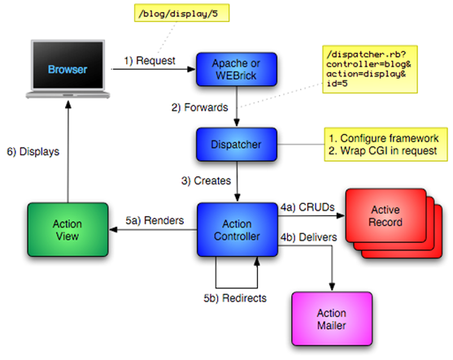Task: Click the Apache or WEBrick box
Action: [x=237, y=69]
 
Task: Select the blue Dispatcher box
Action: [x=237, y=145]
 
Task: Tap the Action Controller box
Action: [x=237, y=230]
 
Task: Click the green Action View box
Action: [x=68, y=230]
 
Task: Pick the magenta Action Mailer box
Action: [x=332, y=319]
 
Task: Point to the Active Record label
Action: [x=385, y=216]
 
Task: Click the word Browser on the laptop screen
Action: [x=68, y=70]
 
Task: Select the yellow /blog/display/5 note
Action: [x=181, y=13]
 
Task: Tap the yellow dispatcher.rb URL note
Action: [x=370, y=69]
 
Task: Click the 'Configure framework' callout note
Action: [x=385, y=145]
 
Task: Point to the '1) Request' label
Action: [x=150, y=61]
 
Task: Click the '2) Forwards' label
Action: [x=199, y=108]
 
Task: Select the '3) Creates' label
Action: [x=206, y=181]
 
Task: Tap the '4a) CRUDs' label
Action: [x=307, y=207]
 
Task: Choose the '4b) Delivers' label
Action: [x=308, y=237]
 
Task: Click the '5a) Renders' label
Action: [x=155, y=220]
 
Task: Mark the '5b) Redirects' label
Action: [x=235, y=298]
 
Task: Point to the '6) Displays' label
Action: [x=33, y=152]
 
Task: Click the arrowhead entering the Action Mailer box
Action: [x=332, y=286]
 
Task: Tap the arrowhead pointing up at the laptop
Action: [x=68, y=104]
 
